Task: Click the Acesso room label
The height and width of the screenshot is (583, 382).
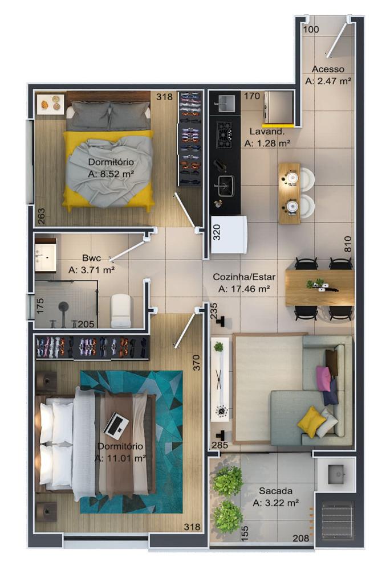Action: point(328,69)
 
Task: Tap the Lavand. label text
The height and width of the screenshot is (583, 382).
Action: point(267,132)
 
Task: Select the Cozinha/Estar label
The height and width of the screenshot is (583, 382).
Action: point(244,277)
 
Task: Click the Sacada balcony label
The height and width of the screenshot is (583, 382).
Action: point(275,491)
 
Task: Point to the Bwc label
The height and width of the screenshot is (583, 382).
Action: point(91,258)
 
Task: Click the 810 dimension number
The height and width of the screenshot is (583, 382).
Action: point(348,244)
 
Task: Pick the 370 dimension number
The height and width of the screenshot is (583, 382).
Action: point(197,363)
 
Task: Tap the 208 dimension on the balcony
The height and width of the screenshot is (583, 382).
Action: point(301,538)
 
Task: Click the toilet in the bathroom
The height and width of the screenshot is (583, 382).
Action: point(121,311)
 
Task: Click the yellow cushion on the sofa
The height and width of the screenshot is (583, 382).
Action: point(312,422)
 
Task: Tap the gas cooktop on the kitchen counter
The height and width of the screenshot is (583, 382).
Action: point(225,134)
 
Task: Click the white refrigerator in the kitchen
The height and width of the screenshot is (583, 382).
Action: point(229,235)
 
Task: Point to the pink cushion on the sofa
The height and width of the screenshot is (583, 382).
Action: point(323,378)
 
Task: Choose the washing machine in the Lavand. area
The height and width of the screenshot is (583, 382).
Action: point(278,107)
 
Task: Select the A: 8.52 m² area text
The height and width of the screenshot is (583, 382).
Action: point(111,174)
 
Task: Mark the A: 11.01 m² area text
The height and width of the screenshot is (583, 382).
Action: point(120,458)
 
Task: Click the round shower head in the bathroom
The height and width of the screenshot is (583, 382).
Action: point(64,307)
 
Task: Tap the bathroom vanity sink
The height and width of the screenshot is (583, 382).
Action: point(46,254)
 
